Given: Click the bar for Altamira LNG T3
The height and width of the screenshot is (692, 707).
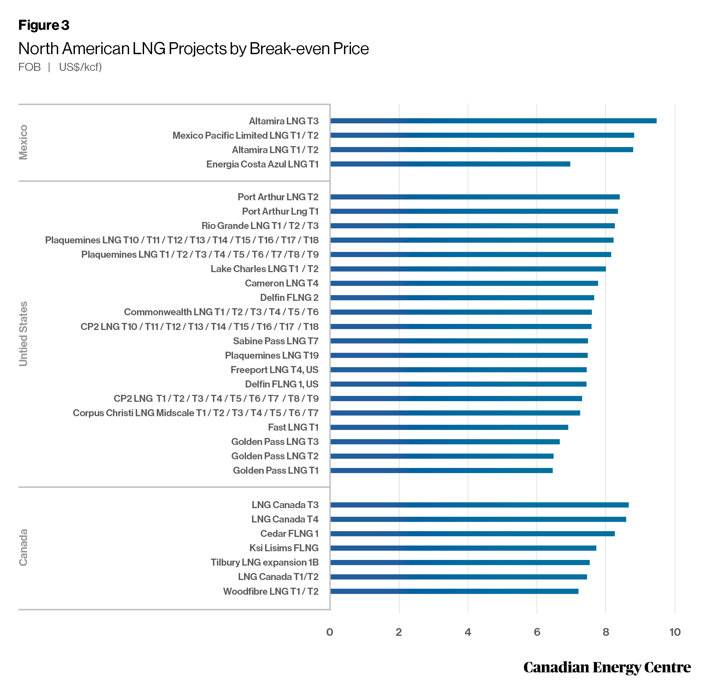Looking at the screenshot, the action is click(x=493, y=121).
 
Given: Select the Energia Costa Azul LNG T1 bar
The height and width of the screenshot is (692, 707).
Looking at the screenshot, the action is click(x=450, y=164).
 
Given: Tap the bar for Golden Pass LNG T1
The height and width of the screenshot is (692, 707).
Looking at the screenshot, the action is click(x=441, y=470).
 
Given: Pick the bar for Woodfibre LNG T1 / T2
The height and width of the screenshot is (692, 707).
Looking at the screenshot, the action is click(x=454, y=591).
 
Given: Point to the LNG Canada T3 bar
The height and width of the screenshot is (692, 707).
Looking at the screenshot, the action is click(x=479, y=505).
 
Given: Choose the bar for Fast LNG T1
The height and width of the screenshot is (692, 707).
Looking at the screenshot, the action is click(x=449, y=427).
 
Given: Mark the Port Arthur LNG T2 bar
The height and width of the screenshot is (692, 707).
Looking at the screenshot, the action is click(x=475, y=197).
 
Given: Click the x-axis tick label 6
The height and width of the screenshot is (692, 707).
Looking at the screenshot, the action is click(x=537, y=632).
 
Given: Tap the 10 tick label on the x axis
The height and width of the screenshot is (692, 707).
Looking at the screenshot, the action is click(x=675, y=632).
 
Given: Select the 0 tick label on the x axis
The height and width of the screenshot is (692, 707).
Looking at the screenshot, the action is click(x=330, y=632).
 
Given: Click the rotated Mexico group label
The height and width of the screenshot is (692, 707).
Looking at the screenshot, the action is click(x=23, y=142).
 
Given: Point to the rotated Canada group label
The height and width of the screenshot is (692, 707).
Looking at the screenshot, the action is click(x=23, y=547).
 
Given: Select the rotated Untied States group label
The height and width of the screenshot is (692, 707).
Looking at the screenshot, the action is click(x=23, y=334).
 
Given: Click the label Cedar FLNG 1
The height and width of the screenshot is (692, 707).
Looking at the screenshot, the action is click(x=289, y=534).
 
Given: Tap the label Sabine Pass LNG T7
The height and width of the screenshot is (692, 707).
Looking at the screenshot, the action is click(x=276, y=341).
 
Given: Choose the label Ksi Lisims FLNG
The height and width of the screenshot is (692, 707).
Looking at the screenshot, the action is click(x=284, y=548).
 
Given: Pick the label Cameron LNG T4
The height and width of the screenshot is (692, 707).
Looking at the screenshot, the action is click(x=282, y=283).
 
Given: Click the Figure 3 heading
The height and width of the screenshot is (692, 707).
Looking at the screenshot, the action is click(x=43, y=25).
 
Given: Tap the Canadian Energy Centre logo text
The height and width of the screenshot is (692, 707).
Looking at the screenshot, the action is click(x=607, y=667).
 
